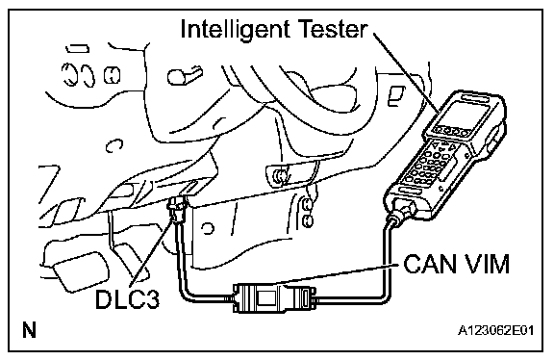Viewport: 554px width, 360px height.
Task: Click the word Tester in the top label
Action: click(x=333, y=28)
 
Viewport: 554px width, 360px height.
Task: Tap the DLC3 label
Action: click(x=127, y=299)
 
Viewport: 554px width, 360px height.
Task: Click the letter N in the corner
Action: click(x=29, y=329)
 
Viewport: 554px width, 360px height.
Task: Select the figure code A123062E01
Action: click(x=495, y=330)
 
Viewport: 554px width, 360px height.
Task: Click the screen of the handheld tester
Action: click(x=462, y=113)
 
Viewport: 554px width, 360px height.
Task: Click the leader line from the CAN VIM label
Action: click(x=340, y=272)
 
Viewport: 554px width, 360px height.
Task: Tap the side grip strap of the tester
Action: click(x=494, y=141)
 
